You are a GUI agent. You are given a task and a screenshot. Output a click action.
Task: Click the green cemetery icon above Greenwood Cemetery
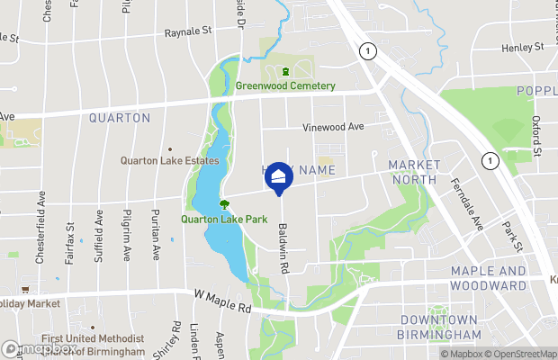pos(285,72)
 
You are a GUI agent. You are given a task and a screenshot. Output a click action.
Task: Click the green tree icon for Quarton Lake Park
pos(224,204)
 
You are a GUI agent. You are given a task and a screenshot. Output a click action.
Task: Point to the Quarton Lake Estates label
pos(170,161)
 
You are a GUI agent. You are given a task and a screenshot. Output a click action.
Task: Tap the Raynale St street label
pos(187,31)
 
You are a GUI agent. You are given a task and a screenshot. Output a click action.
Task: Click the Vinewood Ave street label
pos(333,127)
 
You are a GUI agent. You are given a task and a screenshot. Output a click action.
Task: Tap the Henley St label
pos(524,47)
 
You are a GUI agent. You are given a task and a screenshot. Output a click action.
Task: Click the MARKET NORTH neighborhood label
pos(414,172)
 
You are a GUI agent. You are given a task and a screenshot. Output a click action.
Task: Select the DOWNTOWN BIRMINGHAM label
pos(441,328)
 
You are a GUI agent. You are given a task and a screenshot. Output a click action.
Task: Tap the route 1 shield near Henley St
pos(367,51)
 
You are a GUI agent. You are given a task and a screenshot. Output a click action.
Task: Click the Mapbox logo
pos(38,350)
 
